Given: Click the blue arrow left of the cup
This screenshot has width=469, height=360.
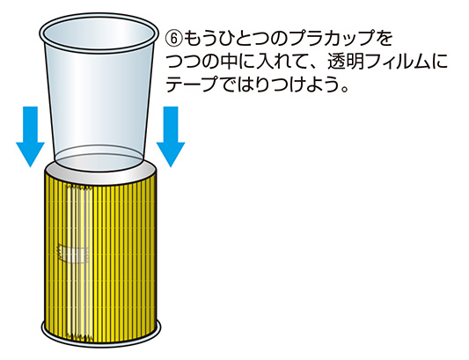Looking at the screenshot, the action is coord(30,136).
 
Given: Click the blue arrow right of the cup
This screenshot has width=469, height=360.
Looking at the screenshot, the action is coord(171,136).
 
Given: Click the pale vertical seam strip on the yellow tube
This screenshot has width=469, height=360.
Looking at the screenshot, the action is coord(78,263).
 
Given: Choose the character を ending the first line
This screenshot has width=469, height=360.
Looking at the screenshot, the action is coord(384,40).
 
